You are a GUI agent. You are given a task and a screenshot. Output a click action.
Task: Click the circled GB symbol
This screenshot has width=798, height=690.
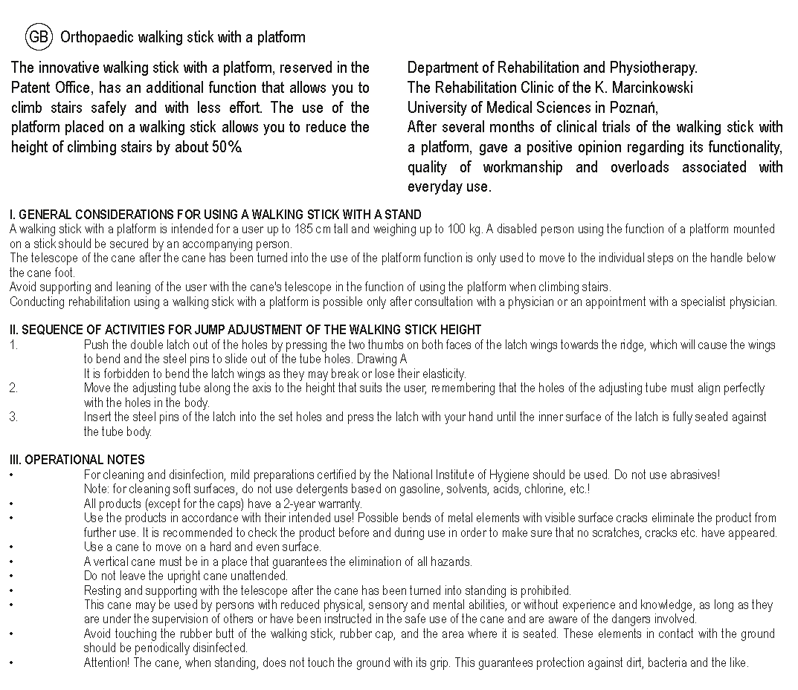click(37, 36)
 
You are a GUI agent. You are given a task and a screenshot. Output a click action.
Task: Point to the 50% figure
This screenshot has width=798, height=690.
click(226, 147)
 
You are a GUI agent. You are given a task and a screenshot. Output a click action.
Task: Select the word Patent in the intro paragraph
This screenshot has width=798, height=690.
click(31, 88)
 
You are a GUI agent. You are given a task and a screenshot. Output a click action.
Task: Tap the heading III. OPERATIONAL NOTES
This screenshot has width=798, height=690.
click(77, 460)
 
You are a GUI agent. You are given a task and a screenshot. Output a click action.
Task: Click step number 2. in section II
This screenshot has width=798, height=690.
click(13, 388)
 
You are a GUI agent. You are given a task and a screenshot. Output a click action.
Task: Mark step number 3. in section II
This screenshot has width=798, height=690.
click(13, 417)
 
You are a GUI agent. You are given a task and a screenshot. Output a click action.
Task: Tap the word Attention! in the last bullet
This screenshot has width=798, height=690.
click(106, 663)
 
